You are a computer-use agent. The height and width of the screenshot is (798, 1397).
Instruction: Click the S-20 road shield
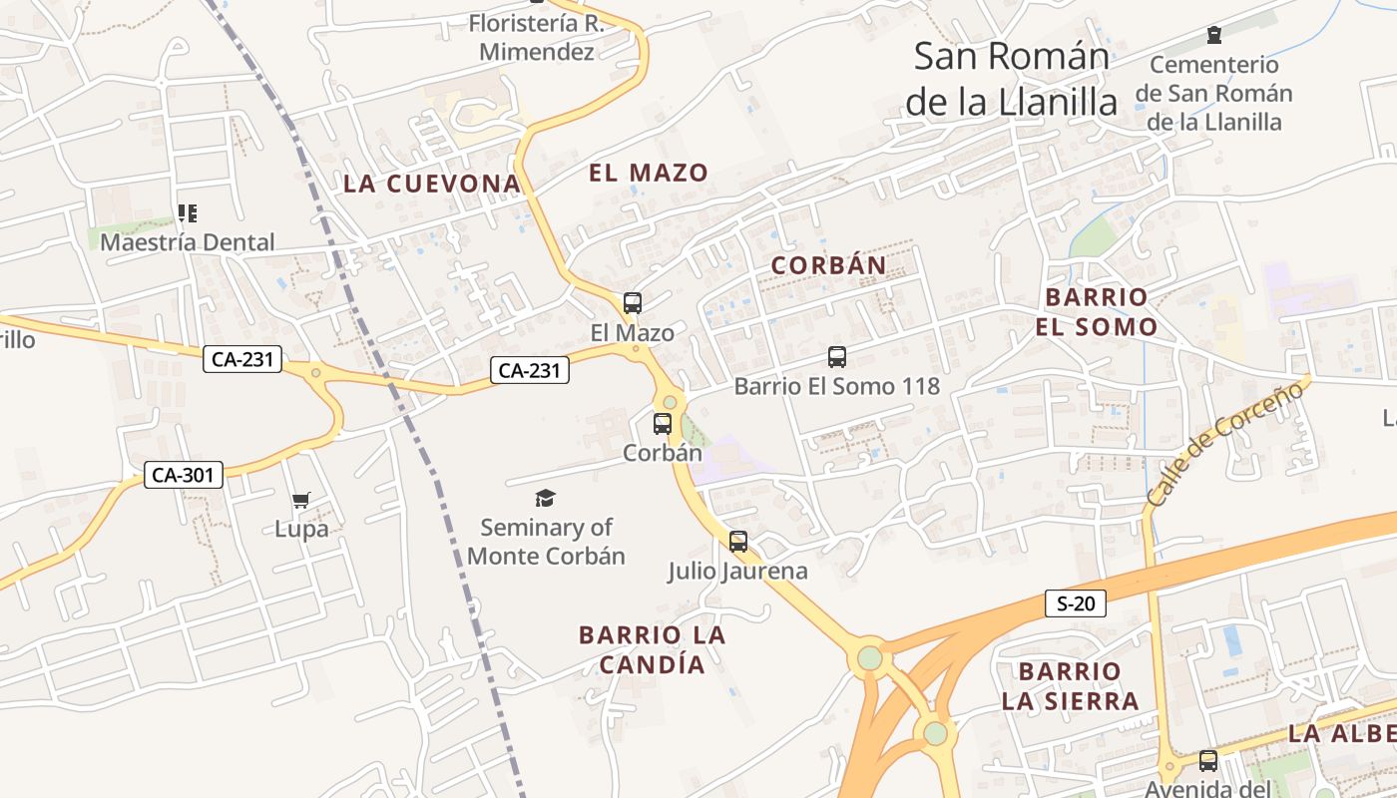[1076, 602]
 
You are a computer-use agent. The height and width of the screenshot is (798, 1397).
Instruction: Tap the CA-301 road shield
[184, 475]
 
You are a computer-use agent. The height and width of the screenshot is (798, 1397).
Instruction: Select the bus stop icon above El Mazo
[632, 302]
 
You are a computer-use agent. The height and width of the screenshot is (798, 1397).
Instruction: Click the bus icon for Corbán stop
[662, 423]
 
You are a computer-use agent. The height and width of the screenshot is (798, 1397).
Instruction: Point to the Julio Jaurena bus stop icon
[737, 542]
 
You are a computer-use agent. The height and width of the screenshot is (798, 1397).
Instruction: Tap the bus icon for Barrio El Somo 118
[836, 356]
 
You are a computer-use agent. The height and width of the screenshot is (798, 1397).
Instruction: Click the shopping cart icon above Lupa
[300, 500]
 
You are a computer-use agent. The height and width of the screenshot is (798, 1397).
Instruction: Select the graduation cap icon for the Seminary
[545, 498]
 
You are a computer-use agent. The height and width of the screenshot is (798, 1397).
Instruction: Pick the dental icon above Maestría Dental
[187, 212]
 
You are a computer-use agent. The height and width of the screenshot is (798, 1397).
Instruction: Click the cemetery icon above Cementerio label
[1213, 36]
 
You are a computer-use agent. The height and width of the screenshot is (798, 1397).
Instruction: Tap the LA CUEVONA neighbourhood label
[432, 184]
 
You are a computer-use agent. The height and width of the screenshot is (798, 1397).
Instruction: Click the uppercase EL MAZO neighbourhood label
[649, 173]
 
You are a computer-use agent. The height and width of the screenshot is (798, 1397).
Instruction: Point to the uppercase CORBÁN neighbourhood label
[828, 265]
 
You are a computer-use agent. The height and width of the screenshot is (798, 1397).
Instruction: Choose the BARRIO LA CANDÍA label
[653, 649]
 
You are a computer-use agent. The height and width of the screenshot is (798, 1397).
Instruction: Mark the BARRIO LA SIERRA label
[1070, 685]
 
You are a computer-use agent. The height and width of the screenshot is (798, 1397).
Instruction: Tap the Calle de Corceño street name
[1224, 442]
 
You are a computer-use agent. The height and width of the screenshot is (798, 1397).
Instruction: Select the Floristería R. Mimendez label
[537, 37]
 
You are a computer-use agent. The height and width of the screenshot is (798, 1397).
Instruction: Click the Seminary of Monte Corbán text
[546, 542]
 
